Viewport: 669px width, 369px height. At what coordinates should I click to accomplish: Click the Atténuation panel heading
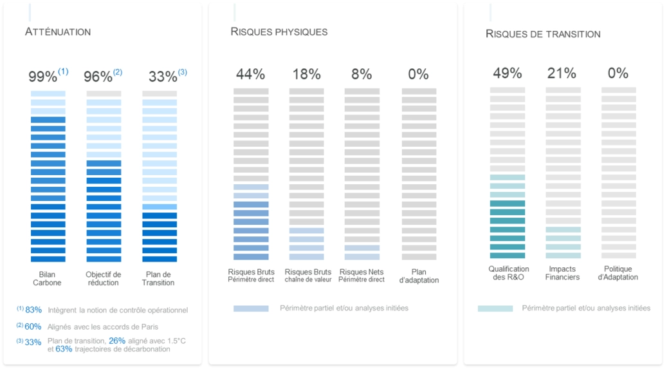coord(58,32)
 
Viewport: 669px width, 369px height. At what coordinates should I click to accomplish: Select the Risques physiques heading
coord(279,32)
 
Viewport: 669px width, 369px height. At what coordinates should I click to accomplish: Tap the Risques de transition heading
coord(543,34)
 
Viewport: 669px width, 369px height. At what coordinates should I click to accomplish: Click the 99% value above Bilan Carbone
coord(43,77)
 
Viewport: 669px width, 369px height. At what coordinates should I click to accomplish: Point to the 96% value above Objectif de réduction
coord(98,77)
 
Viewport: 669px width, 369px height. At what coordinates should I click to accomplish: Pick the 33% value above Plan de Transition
coord(163,77)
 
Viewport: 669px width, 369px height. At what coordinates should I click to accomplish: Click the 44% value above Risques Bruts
coord(250,74)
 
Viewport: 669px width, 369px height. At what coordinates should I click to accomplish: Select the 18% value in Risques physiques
coord(306,74)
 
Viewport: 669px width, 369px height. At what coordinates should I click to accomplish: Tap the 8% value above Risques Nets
coord(362,74)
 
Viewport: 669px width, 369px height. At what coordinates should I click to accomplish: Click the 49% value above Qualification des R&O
coord(507,73)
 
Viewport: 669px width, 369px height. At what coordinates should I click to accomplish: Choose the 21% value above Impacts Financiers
coord(562,73)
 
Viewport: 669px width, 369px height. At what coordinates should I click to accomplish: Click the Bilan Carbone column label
coord(47,278)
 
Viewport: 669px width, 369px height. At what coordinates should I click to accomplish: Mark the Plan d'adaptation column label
coord(419,276)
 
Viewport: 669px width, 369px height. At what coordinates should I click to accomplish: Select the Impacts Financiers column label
coord(562,273)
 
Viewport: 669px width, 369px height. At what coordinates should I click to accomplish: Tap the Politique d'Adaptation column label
coord(618,273)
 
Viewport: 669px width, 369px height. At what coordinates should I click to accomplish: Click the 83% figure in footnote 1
coord(33,310)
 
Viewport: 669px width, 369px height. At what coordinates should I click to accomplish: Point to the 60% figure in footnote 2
coord(33,326)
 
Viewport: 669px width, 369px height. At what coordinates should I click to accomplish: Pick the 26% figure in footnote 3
coord(117,340)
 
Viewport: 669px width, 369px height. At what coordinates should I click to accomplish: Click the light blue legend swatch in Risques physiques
coord(251,308)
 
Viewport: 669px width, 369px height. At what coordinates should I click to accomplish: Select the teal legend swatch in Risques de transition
coord(495,308)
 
